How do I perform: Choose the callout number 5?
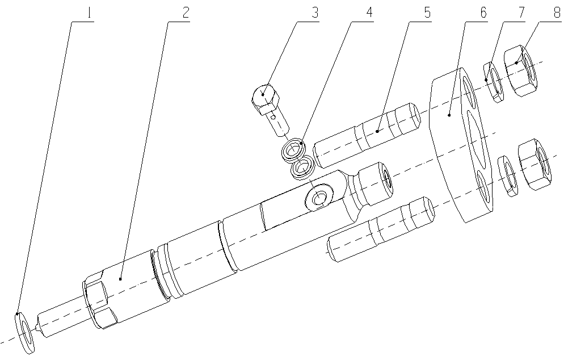coord(426,12)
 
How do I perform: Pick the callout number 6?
coord(482,12)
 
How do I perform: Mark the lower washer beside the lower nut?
coord(507,176)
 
